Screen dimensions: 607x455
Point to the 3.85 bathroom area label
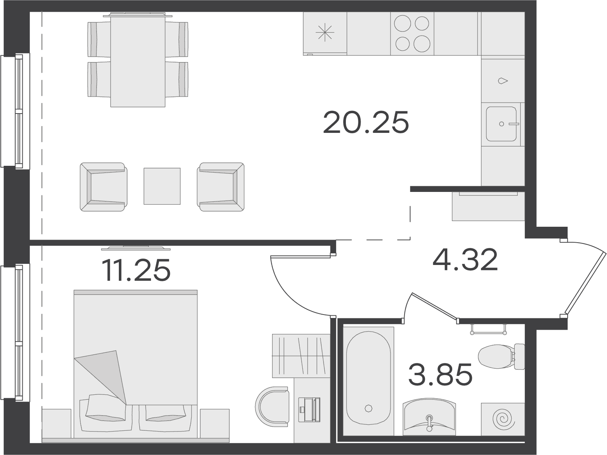point(440,374)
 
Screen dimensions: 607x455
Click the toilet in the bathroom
point(501,357)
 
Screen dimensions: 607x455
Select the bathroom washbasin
point(429,416)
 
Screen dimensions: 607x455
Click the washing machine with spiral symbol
point(503,419)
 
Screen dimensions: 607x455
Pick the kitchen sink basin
point(501,124)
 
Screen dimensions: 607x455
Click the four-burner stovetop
point(412,33)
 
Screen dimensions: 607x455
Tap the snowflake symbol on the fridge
point(325,32)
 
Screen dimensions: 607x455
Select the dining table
point(138,60)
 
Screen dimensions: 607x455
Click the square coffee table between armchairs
point(162,186)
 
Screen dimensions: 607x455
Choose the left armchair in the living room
point(104,187)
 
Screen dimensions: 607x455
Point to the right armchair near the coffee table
point(221,187)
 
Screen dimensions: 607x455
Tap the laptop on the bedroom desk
point(309,410)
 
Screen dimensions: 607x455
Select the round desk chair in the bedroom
point(272,406)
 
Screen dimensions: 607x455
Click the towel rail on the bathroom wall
point(489,330)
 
